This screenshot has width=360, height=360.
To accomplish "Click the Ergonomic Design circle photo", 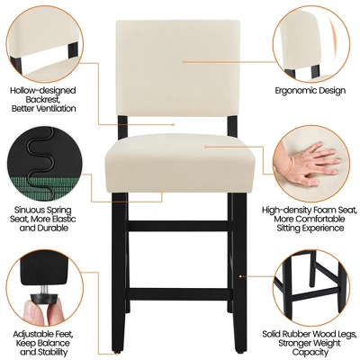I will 311,40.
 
